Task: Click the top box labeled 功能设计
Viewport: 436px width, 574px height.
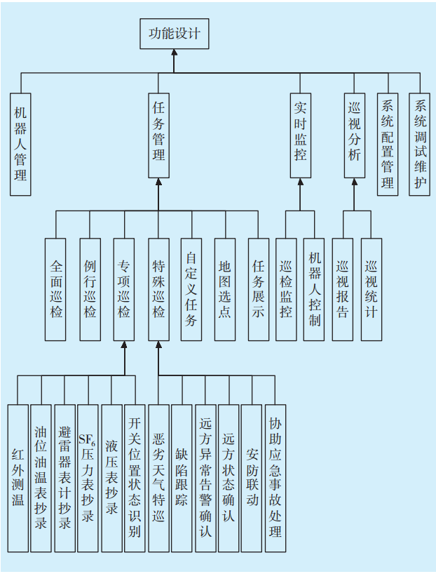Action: [174, 34]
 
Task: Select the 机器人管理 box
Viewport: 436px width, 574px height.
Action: [20, 144]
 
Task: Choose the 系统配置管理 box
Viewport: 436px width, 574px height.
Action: [388, 145]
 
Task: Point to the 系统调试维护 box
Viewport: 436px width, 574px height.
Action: [420, 145]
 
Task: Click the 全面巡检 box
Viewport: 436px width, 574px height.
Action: [57, 289]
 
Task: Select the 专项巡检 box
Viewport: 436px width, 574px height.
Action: [124, 289]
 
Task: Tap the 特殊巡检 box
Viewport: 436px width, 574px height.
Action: [158, 289]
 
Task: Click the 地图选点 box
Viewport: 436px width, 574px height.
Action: [224, 289]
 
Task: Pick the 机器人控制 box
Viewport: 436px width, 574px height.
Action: [314, 289]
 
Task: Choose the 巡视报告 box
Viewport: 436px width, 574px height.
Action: [343, 289]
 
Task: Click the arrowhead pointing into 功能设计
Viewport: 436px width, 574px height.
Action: [174, 53]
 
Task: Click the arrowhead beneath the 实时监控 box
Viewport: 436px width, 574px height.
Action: [300, 182]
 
